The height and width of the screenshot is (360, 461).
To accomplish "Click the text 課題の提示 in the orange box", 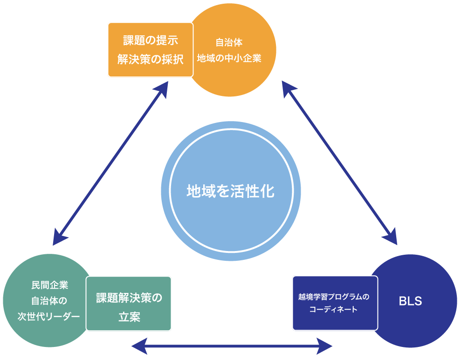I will tap(151, 40).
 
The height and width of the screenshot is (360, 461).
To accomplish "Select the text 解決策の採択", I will tap(151, 60).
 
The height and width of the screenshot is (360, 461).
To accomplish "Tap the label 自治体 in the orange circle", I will tap(229, 43).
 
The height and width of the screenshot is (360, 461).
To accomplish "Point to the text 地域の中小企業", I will tap(229, 59).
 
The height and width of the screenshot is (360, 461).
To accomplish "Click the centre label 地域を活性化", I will tap(231, 191).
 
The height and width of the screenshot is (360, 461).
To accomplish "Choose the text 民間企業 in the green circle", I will tap(49, 285).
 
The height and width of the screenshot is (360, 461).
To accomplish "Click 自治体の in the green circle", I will tap(49, 300).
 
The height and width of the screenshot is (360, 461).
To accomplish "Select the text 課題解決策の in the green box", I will tap(129, 298).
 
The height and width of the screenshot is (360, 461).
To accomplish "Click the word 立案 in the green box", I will tap(129, 317).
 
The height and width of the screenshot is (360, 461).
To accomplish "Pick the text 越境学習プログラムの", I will tap(334, 296).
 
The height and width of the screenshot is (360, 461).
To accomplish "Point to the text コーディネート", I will tap(334, 309).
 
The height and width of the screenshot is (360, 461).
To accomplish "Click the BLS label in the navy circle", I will tap(410, 301).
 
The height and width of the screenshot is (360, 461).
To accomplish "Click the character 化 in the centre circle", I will tap(267, 191).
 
